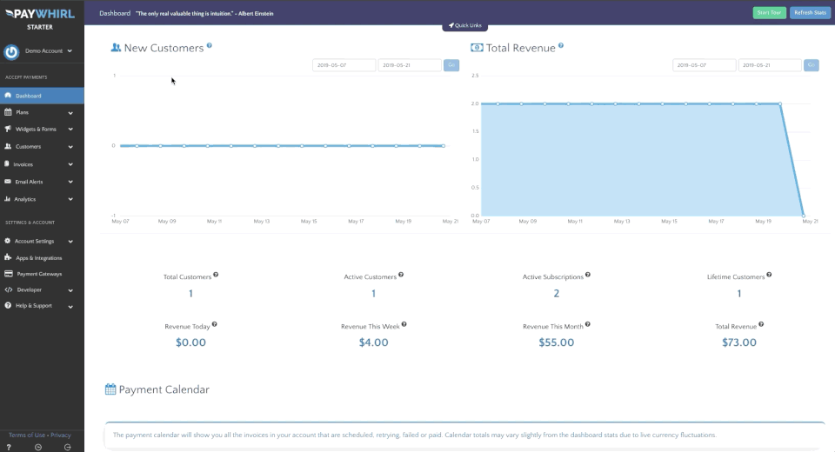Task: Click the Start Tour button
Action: [x=769, y=13]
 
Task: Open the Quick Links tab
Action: [x=464, y=26]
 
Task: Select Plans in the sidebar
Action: [x=23, y=112]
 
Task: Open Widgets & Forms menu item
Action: [x=36, y=130]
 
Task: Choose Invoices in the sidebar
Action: [x=23, y=164]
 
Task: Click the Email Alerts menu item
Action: [x=29, y=182]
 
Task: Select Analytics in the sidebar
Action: [x=25, y=199]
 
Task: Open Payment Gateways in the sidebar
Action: [x=39, y=274]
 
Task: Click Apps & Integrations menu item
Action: [x=38, y=258]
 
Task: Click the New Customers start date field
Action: [x=344, y=65]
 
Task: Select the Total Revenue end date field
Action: [x=770, y=65]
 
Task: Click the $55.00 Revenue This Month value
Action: [x=557, y=342]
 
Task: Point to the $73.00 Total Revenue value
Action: [x=739, y=342]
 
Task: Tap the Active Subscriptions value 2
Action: [x=557, y=294]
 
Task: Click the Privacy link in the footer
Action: [x=61, y=435]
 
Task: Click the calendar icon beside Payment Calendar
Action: [x=110, y=389]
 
